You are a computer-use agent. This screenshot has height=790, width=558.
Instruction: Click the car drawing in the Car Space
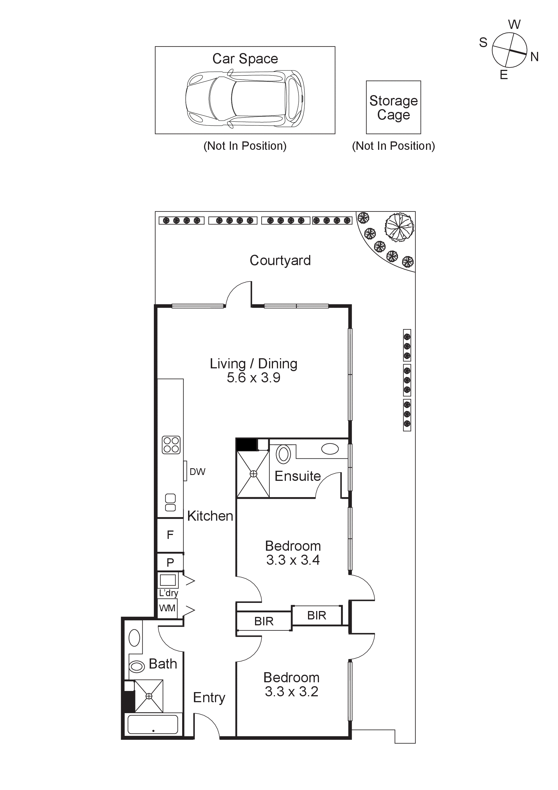245,99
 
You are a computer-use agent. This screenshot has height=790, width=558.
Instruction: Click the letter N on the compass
534,57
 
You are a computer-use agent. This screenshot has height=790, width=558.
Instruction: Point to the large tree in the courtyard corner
399,226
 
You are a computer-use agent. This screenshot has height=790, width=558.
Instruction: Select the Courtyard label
280,260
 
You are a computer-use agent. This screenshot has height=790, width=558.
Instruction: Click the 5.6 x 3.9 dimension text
253,378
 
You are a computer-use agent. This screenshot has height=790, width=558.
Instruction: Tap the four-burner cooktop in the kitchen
171,445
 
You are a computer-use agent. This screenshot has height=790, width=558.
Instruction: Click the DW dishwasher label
197,472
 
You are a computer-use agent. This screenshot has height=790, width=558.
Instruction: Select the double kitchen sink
170,503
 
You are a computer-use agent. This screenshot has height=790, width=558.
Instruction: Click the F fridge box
170,535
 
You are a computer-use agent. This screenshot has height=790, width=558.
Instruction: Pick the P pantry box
170,562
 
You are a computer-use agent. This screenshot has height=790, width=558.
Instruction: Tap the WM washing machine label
167,608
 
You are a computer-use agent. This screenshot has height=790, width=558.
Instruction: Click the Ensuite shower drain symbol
253,474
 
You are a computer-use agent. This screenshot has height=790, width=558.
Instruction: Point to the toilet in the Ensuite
283,454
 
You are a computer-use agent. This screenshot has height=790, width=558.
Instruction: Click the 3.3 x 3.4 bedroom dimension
293,560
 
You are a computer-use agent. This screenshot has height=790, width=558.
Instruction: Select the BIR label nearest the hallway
264,621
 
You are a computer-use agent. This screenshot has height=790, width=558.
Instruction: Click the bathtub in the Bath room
153,724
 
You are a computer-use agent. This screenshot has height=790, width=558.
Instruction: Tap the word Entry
209,697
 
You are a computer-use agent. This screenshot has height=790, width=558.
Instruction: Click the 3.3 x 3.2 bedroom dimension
291,692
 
